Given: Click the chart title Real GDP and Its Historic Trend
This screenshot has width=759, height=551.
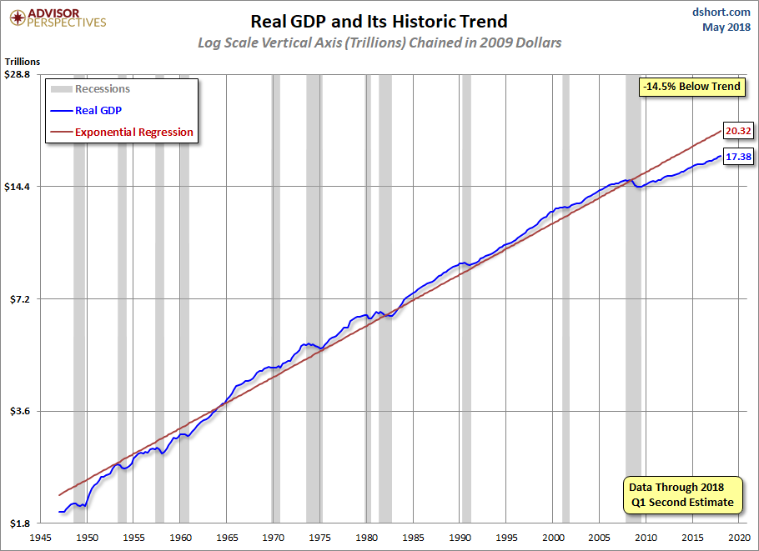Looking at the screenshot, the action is tap(379, 22).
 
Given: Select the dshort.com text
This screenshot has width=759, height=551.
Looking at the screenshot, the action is tap(721, 12).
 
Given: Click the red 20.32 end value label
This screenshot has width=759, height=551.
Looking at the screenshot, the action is tap(738, 131).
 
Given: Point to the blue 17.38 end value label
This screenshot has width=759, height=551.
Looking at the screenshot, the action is tap(738, 156).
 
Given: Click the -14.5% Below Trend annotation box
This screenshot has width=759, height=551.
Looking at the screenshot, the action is tap(691, 87).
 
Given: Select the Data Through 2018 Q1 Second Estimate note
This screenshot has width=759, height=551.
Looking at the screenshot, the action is tap(682, 494).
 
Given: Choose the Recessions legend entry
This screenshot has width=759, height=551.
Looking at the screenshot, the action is tap(91, 89).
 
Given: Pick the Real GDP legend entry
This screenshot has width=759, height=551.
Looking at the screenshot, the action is tap(86, 110).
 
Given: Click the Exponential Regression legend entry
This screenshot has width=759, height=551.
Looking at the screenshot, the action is tap(122, 132).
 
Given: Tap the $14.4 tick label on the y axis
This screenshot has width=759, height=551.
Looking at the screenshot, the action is tap(17, 187).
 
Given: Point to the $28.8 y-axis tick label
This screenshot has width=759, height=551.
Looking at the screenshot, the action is tap(17, 74).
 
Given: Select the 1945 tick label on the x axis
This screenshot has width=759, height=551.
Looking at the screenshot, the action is tap(40, 538).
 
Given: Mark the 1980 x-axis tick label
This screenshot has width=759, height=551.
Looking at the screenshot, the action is tap(366, 538).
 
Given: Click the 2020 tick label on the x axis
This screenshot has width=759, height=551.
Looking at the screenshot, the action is tap(739, 538).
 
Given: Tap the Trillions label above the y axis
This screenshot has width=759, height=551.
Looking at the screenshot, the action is tap(23, 62).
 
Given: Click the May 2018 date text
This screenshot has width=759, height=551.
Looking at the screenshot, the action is tap(726, 27).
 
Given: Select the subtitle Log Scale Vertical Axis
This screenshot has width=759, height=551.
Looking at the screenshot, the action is tap(379, 43).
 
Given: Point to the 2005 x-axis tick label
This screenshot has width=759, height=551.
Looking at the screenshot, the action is tap(599, 538).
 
